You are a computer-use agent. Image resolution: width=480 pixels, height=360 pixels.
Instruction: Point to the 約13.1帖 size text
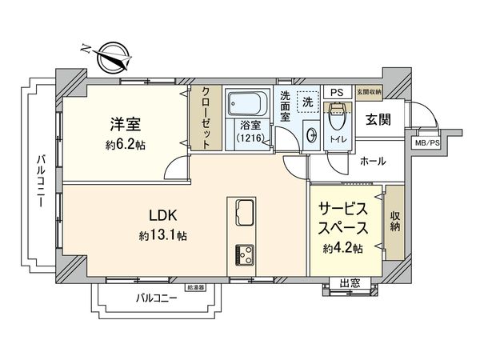pos(163,236)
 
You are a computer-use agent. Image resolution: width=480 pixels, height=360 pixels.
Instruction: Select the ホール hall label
pos(373,161)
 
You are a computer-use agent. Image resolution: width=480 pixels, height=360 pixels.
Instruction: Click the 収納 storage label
pos(395,222)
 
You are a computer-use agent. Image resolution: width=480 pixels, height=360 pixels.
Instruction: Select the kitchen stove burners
pos(243,254)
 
